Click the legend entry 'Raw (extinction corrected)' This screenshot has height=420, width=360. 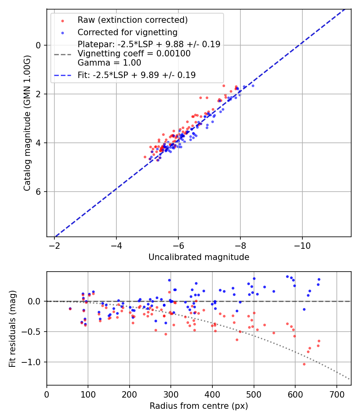coord(132,20)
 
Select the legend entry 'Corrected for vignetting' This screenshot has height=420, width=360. coord(127,32)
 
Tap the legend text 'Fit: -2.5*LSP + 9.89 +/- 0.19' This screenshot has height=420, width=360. coord(136,75)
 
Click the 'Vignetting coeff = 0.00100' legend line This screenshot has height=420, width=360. coord(134,54)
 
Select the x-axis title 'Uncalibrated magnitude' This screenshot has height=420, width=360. coord(199,257)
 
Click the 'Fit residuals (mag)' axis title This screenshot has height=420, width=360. coord(12,328)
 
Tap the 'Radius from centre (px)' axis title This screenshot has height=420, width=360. coord(199,406)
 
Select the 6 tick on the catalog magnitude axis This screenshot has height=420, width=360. coord(39,192)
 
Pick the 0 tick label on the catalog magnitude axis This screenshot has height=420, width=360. coord(39,45)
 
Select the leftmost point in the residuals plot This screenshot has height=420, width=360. coord(70,308)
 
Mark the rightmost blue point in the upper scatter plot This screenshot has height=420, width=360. coord(252,86)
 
